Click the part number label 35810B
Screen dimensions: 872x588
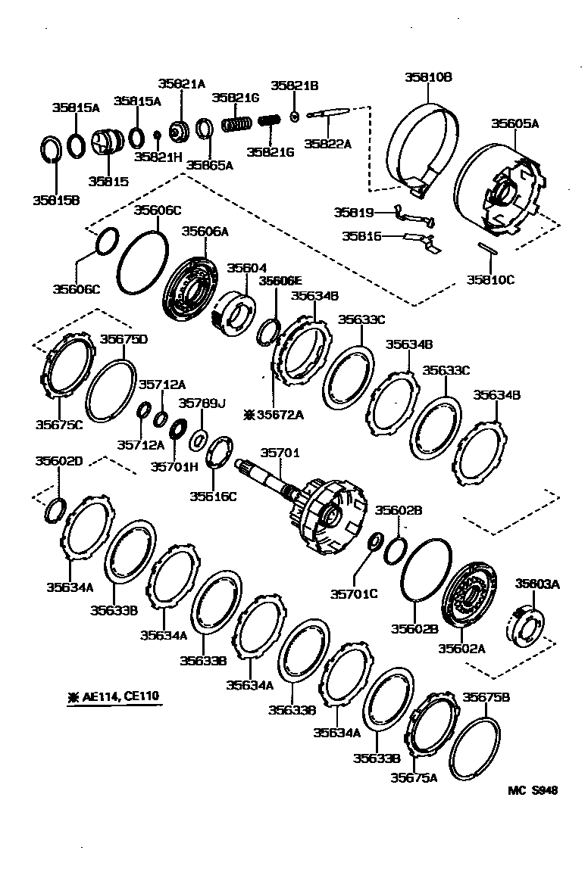(427, 77)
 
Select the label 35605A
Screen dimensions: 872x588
(514, 123)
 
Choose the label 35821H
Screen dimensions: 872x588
(158, 157)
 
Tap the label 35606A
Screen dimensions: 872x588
(205, 232)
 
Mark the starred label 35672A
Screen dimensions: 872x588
(274, 414)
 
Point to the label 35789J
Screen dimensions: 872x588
(202, 403)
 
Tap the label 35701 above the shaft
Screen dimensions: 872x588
(280, 453)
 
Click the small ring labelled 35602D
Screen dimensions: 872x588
(56, 511)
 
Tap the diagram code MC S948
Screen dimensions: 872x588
(532, 790)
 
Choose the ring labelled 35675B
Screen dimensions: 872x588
(475, 752)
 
